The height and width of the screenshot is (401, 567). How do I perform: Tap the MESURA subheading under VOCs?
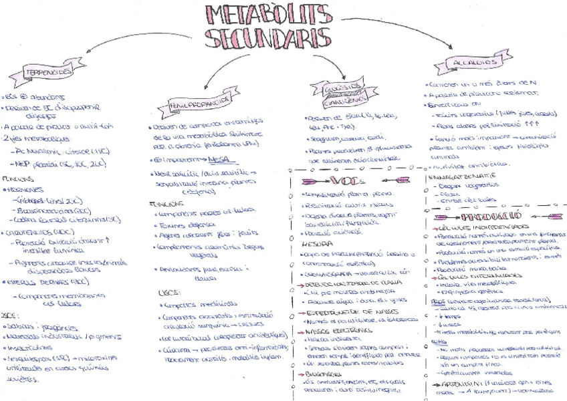click(x=308, y=245)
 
